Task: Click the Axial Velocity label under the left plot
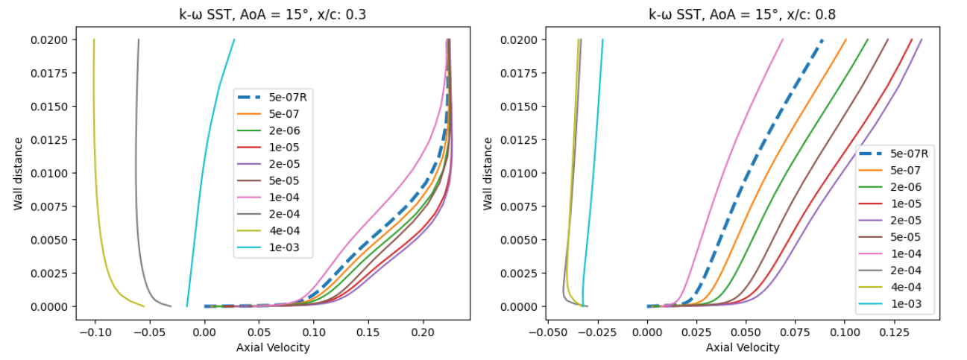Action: click(273, 347)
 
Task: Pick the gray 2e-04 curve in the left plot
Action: click(136, 186)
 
